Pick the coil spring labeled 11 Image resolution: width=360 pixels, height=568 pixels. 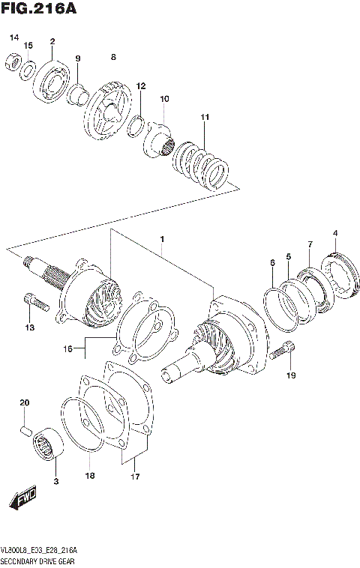click(x=202, y=161)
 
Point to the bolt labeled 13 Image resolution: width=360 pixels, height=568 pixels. click(x=35, y=303)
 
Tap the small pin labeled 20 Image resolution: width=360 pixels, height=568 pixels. click(x=25, y=431)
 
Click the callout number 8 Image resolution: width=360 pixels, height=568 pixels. click(x=113, y=57)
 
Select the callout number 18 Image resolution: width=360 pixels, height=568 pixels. click(x=88, y=475)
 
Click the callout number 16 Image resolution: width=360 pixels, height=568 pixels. click(x=68, y=348)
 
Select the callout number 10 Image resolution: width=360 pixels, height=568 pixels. click(x=164, y=98)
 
